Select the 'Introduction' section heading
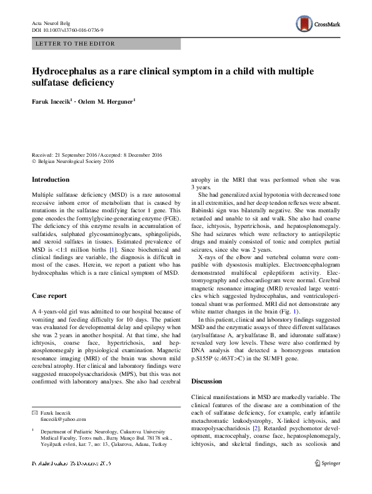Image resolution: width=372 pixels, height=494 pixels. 51,180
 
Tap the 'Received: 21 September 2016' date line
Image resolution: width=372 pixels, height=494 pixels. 68,154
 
